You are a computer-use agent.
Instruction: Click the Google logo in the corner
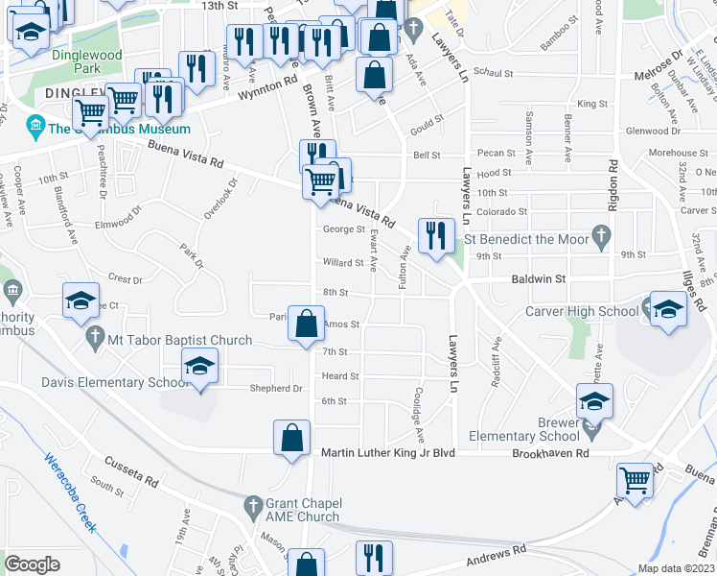point(33,564)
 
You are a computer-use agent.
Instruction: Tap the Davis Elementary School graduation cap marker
point(199,366)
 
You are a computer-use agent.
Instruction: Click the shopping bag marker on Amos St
point(306,324)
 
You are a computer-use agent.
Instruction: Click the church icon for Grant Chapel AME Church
point(254,505)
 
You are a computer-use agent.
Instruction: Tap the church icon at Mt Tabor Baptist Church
point(94,339)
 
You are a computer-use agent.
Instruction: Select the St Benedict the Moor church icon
point(600,234)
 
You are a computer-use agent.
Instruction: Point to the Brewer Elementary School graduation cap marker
point(594,401)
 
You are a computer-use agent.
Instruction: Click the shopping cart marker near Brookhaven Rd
point(635,477)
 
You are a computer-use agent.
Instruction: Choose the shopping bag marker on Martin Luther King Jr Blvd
point(291,438)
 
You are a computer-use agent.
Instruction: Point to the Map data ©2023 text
point(675,568)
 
